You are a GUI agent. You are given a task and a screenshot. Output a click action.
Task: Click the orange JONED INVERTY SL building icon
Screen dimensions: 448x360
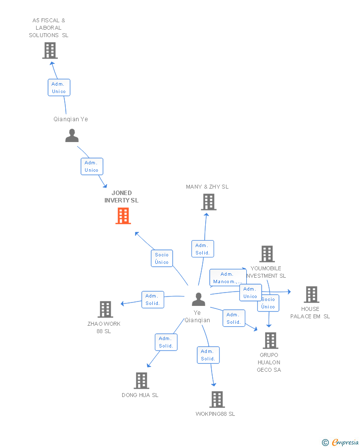coord(123,216)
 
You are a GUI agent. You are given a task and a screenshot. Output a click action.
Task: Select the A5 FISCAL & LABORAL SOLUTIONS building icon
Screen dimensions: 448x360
coord(50,50)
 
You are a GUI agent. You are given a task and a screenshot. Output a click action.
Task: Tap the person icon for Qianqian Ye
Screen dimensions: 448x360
coord(72,136)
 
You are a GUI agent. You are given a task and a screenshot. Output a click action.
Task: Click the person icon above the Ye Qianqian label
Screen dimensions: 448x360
coord(198,299)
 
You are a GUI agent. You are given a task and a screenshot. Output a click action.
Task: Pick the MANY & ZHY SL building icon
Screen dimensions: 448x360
coord(209,202)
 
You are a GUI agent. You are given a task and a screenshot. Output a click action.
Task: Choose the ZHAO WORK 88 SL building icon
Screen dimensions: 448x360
coord(105,309)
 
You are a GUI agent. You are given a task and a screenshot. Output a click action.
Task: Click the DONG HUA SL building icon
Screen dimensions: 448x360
coord(141,381)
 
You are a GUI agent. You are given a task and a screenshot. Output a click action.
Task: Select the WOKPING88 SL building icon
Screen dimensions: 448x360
coord(217,399)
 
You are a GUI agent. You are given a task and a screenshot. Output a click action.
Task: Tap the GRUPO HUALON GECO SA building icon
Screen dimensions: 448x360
coord(270,341)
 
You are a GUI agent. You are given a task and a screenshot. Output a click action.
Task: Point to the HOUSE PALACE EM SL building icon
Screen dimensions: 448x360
coord(311,295)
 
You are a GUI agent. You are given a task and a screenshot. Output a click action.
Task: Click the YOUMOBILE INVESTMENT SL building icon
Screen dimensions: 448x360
coord(267,254)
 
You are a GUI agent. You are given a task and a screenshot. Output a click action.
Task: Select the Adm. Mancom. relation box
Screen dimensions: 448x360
coord(227,278)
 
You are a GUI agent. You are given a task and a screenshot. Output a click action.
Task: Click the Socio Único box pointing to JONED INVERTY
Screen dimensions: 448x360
coord(162,258)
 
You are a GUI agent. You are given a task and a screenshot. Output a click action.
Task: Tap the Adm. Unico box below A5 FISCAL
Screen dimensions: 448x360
coord(59,88)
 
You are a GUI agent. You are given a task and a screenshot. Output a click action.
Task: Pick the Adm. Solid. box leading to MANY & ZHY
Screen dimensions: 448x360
coord(202,249)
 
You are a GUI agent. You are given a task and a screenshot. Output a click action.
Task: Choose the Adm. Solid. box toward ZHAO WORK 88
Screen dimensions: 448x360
coord(152,299)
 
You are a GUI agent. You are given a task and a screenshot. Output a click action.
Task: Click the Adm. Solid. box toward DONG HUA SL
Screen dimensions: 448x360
coord(166,342)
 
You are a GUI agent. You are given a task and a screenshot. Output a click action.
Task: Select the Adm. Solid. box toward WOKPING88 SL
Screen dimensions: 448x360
coord(208,355)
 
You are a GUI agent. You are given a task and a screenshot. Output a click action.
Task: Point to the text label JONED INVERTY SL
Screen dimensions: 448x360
coord(121,197)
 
